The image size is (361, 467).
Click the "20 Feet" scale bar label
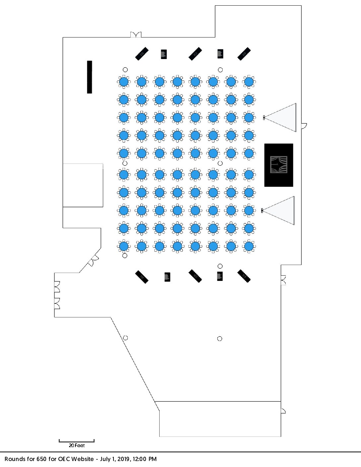pyautogui.click(x=77, y=445)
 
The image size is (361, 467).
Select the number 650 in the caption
pyautogui.click(x=41, y=459)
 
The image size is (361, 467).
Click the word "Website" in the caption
pyautogui.click(x=83, y=459)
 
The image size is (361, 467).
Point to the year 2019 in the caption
pyautogui.click(x=123, y=459)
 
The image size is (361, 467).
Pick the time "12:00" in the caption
pyautogui.click(x=140, y=459)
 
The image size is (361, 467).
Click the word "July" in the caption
pyautogui.click(x=105, y=459)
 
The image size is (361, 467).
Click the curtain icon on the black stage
pyautogui.click(x=279, y=165)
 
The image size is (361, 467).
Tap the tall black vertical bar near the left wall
pyautogui.click(x=90, y=77)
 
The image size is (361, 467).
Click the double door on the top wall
pyautogui.click(x=136, y=34)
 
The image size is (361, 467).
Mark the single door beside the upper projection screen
pyautogui.click(x=304, y=126)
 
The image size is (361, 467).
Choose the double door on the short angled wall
pyautogui.click(x=94, y=261)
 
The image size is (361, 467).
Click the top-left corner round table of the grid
pyautogui.click(x=124, y=82)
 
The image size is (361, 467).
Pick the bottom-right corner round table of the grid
pyautogui.click(x=249, y=246)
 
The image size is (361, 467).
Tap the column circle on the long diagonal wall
pyautogui.click(x=125, y=338)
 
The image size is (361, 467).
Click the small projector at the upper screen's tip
pyautogui.click(x=264, y=117)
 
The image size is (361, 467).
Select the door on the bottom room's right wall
pyautogui.click(x=283, y=411)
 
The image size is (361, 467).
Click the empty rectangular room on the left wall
pyautogui.click(x=83, y=185)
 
